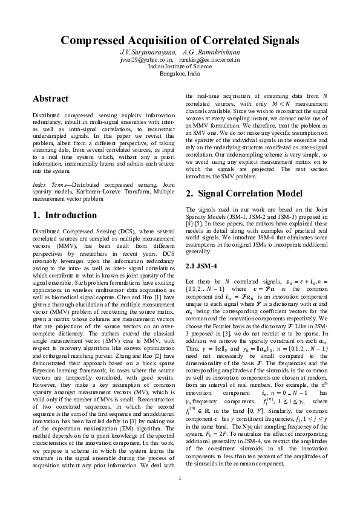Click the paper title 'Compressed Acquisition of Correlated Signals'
180,41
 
